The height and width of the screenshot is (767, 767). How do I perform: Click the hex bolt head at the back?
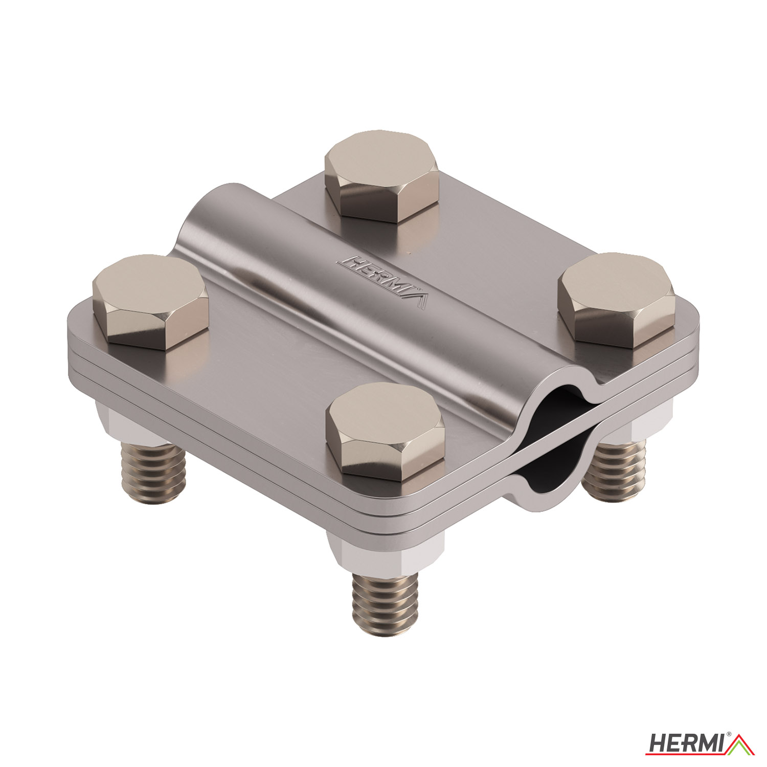point(381,176)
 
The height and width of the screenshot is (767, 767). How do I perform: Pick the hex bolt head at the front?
point(386,431)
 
